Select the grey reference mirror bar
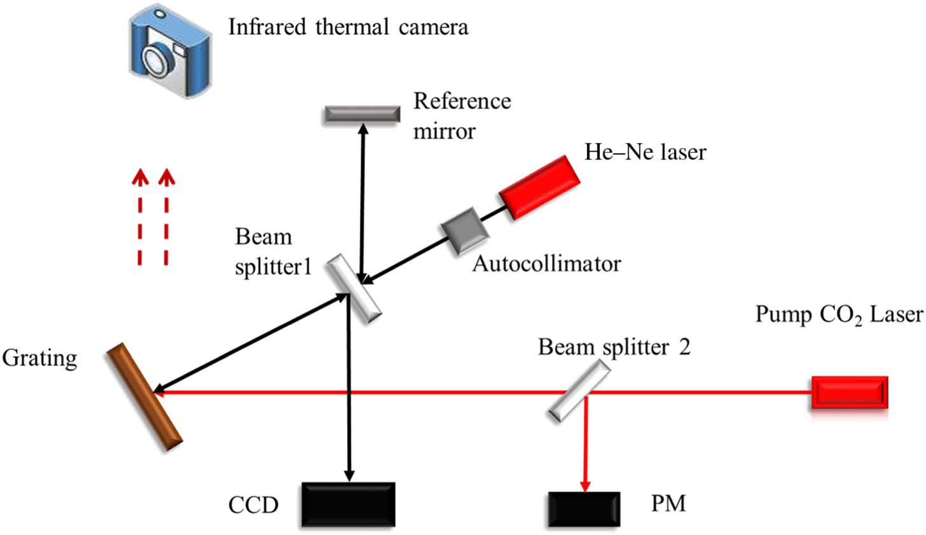pyautogui.click(x=362, y=114)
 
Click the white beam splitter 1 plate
pyautogui.click(x=354, y=288)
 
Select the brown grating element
pyautogui.click(x=144, y=397)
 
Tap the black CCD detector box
pyautogui.click(x=348, y=504)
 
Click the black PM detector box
pyautogui.click(x=584, y=510)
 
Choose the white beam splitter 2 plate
pyautogui.click(x=579, y=391)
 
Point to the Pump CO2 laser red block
pyautogui.click(x=849, y=392)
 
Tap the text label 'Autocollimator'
pyautogui.click(x=546, y=263)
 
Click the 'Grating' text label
pyautogui.click(x=39, y=358)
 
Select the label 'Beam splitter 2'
pyautogui.click(x=614, y=347)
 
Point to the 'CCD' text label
pyautogui.click(x=253, y=505)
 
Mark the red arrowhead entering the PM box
pyautogui.click(x=584, y=485)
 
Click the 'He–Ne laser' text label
pyautogui.click(x=645, y=153)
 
